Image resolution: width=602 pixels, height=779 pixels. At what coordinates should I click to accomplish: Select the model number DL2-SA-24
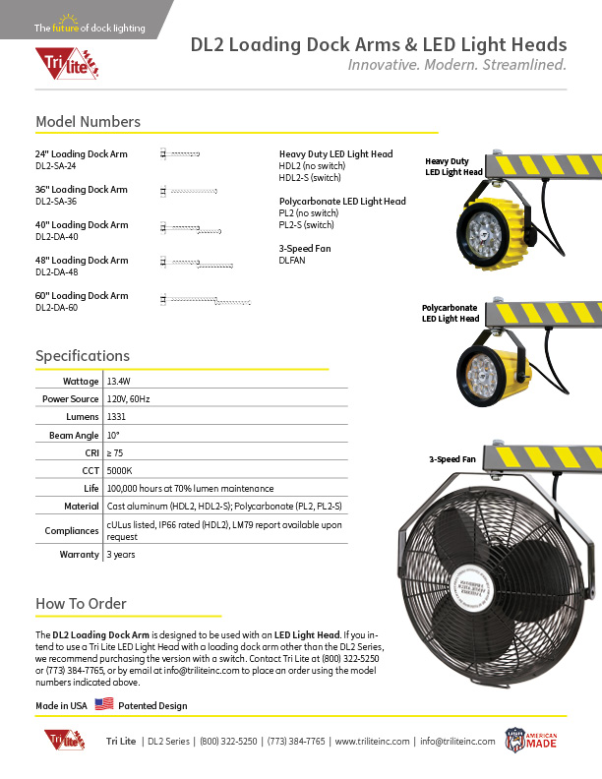coord(56,166)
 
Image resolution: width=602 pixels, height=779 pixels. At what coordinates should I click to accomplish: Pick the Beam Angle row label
coord(74,434)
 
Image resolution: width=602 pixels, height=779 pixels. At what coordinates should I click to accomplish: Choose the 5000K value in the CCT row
coord(118,470)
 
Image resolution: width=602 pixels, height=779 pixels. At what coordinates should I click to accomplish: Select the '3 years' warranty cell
coord(120,554)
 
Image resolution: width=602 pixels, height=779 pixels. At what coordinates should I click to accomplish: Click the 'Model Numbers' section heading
coord(88,122)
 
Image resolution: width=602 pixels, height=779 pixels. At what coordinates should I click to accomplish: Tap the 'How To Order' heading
coord(81,603)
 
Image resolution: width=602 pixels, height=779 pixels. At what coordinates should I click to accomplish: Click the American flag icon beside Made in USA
coord(104,704)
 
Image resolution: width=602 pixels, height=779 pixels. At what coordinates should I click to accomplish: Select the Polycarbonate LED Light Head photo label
coord(451,314)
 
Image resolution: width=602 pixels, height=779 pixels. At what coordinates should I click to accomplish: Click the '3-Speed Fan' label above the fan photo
coord(451,459)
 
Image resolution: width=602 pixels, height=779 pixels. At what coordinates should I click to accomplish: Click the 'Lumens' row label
coord(82,416)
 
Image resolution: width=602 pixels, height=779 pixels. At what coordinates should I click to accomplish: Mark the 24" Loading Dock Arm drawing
coord(180,154)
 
